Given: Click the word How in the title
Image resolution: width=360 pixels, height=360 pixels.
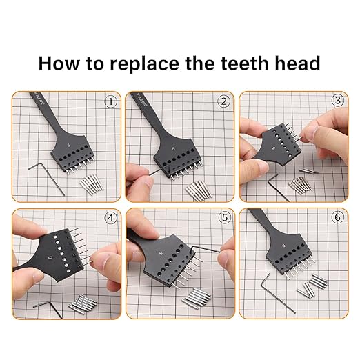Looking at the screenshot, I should point(61,63).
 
